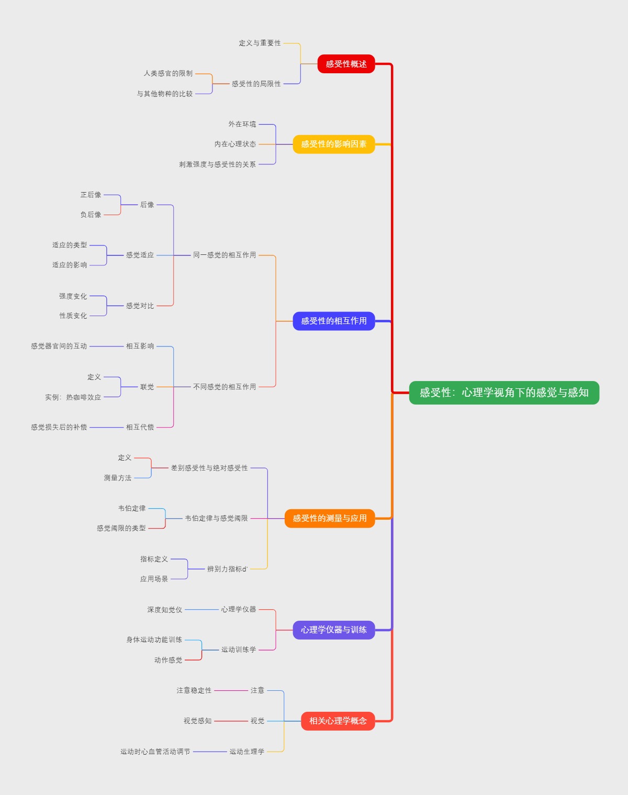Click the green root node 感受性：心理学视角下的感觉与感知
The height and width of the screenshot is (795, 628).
click(x=504, y=393)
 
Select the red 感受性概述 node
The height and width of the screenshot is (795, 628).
click(x=346, y=64)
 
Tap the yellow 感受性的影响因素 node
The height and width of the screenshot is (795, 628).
click(x=333, y=144)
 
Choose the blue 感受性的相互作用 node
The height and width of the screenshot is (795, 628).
click(x=333, y=321)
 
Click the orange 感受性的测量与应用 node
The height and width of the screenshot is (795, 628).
click(x=329, y=518)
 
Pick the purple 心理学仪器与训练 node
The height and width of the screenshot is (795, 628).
click(x=333, y=630)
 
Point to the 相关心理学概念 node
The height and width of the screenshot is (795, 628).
click(x=338, y=721)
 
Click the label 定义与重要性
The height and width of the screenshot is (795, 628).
click(x=260, y=43)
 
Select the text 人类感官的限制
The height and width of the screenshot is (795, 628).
click(x=168, y=73)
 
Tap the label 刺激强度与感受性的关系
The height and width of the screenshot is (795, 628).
click(x=217, y=164)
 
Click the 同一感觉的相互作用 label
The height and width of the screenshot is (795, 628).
click(x=225, y=255)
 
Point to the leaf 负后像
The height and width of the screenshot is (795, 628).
click(x=91, y=215)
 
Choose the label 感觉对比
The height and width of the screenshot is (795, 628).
click(x=140, y=306)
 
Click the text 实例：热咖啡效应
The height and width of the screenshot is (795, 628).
click(x=73, y=397)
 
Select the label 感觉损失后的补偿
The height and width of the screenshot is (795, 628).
click(x=59, y=427)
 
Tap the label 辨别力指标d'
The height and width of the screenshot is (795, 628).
click(x=227, y=569)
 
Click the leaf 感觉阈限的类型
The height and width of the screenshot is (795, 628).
click(x=121, y=528)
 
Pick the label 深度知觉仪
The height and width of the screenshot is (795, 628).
click(x=164, y=610)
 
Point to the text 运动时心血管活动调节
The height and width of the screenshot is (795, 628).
click(x=155, y=752)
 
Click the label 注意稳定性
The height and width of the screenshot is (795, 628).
click(x=194, y=690)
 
